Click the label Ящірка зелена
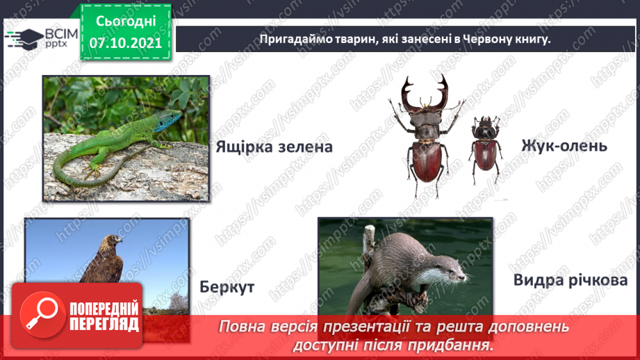tap(274, 147)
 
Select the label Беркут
tap(227, 287)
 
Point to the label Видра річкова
tap(571, 281)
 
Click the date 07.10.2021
tap(125, 42)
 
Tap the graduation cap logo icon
tap(22, 39)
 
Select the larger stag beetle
tap(426, 136)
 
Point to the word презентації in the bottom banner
tap(370, 327)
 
